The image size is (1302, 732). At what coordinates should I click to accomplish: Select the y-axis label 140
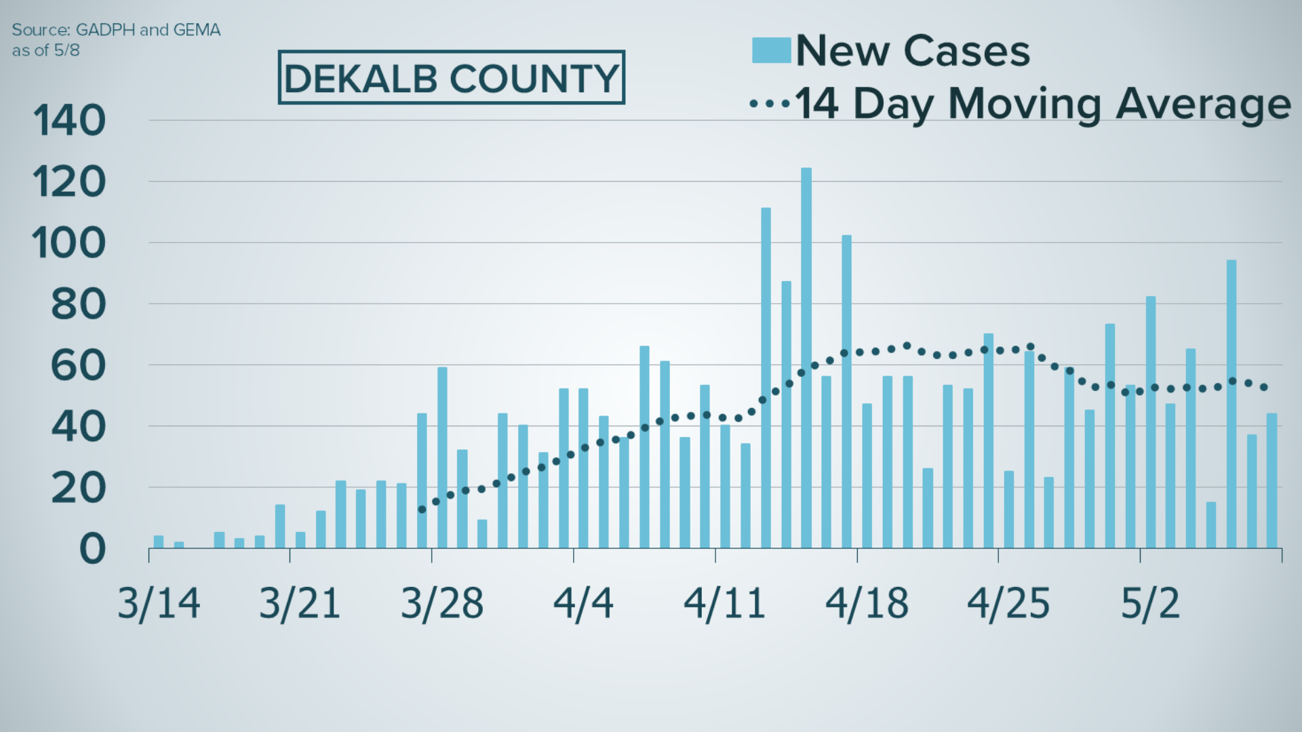tap(69, 121)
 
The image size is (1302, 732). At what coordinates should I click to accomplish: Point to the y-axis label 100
tap(69, 243)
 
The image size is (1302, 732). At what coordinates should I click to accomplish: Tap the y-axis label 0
tap(92, 549)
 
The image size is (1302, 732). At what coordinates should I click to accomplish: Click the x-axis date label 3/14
tap(159, 603)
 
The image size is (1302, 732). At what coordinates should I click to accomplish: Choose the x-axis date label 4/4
tap(583, 603)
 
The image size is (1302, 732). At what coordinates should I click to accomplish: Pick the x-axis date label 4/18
tap(867, 603)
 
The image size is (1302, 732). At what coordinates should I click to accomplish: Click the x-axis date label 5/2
tap(1150, 603)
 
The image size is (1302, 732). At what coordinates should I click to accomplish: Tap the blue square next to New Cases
tap(771, 51)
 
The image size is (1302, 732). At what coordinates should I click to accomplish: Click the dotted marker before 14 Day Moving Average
tap(770, 104)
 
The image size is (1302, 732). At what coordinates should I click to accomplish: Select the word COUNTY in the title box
tap(534, 79)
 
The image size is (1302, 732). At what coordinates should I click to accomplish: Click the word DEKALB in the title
tap(361, 79)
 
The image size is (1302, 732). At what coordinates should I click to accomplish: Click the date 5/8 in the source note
tap(66, 51)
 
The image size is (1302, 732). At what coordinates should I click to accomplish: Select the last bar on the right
tap(1271, 481)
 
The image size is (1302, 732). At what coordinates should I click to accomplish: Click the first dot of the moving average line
tap(422, 509)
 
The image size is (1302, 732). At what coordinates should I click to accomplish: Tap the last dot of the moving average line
tap(1263, 387)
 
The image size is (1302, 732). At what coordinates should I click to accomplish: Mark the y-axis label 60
tap(79, 366)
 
